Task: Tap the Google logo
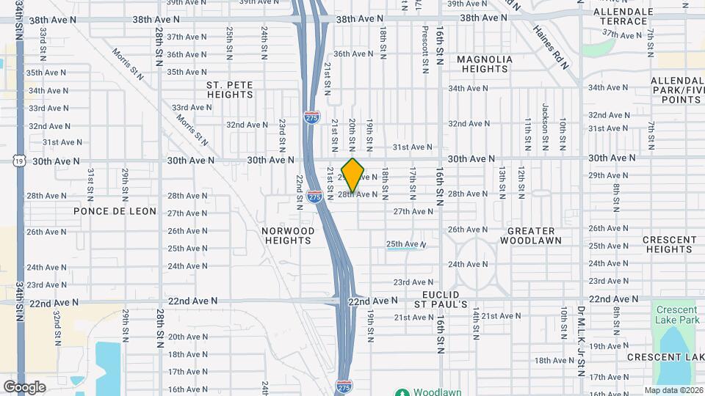click(x=24, y=386)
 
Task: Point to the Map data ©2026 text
click(x=674, y=390)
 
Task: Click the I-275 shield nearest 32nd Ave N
click(x=312, y=117)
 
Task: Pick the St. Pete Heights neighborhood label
click(x=230, y=89)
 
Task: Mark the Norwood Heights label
click(x=288, y=235)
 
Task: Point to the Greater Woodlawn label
click(x=535, y=235)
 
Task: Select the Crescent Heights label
click(x=669, y=244)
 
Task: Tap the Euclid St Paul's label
click(x=441, y=298)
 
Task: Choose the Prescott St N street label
click(x=424, y=50)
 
